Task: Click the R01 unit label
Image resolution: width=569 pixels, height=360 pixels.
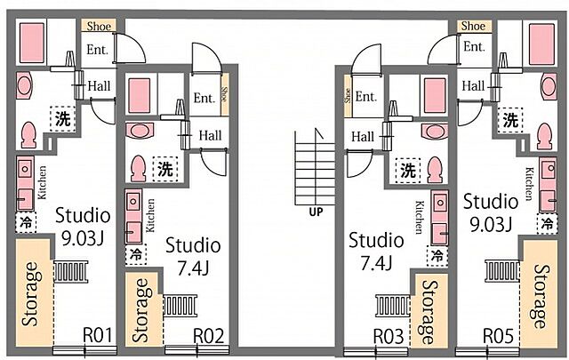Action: [x=98, y=335]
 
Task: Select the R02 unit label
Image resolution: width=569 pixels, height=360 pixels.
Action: [x=208, y=336]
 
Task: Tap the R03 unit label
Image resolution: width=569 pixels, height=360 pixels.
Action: [x=389, y=336]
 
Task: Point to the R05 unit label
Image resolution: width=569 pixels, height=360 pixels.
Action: [x=498, y=336]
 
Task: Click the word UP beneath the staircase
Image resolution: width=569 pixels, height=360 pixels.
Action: [x=316, y=212]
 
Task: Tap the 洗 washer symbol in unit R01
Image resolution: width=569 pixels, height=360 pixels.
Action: [x=63, y=119]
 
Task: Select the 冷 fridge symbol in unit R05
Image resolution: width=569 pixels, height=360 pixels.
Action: [x=547, y=223]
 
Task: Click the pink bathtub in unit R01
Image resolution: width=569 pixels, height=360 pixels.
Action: [x=32, y=43]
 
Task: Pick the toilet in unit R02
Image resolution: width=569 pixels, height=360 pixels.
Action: [x=139, y=168]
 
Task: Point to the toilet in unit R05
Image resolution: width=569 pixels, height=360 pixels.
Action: [x=545, y=137]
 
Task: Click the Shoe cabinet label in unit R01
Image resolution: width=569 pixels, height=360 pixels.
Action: [x=99, y=26]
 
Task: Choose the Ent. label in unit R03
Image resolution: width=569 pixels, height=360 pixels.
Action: [x=365, y=97]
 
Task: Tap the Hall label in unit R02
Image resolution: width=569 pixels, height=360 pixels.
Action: [x=210, y=135]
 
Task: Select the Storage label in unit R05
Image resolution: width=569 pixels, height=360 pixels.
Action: [x=541, y=296]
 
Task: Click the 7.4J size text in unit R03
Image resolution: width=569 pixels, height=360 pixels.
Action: [x=376, y=263]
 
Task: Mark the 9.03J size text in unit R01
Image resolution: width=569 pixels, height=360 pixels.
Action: [x=83, y=238]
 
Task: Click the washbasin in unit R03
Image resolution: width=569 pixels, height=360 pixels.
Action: [x=435, y=132]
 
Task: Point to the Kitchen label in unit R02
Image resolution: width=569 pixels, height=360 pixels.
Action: [x=150, y=215]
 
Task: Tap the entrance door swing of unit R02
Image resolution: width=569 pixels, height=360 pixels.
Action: [x=207, y=58]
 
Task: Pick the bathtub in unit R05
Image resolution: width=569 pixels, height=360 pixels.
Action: [x=541, y=44]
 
